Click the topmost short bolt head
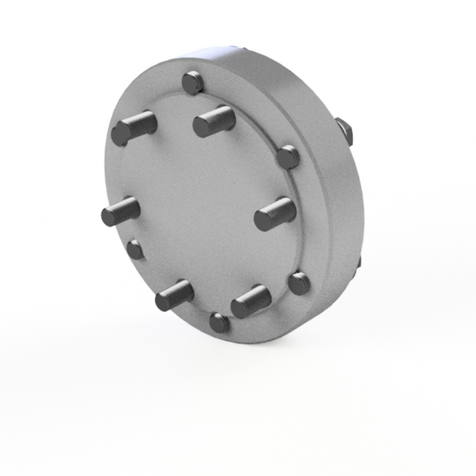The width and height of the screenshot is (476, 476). tap(193, 82)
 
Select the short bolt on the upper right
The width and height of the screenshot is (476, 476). tap(288, 157)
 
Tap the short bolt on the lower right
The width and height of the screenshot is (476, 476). tap(299, 283)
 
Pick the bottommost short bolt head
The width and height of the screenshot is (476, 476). tap(219, 323)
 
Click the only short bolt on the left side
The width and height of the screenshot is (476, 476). tap(135, 249)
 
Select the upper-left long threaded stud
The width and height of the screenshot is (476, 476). tap(134, 128)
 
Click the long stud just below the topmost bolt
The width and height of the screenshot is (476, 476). tap(214, 120)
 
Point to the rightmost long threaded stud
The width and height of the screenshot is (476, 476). tap(274, 214)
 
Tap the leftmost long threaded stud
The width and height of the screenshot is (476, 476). tap(120, 211)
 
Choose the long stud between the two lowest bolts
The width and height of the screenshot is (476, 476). tap(251, 301)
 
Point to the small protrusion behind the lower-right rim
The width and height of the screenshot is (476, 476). tap(357, 263)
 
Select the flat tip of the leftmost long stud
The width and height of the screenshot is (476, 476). tap(110, 216)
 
